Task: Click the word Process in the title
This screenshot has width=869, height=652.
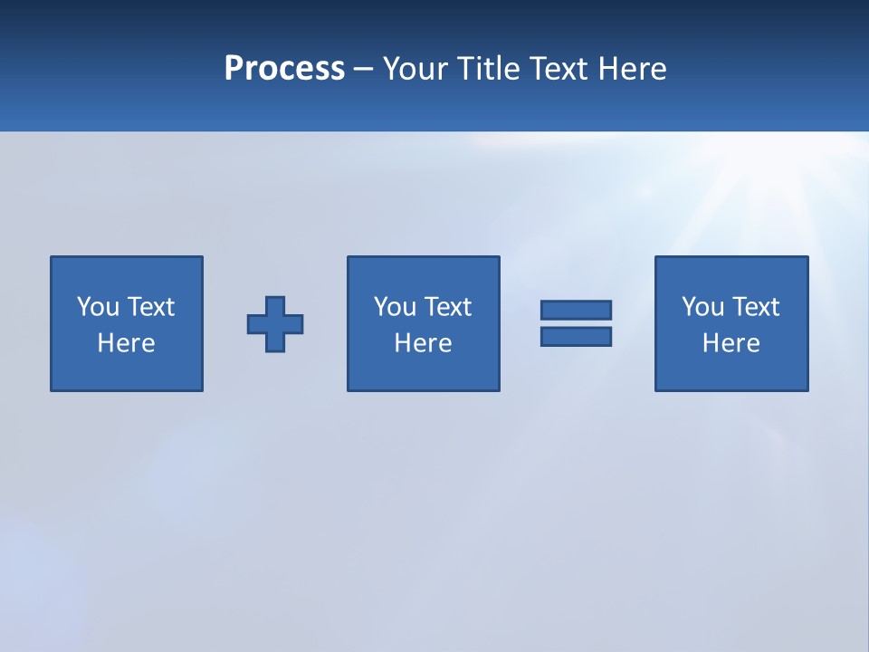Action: pyautogui.click(x=284, y=69)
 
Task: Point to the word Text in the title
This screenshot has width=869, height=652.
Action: pyautogui.click(x=559, y=69)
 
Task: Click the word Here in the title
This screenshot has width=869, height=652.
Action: pyautogui.click(x=632, y=69)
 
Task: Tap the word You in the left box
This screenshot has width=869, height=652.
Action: pyautogui.click(x=98, y=307)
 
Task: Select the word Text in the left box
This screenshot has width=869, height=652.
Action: pyautogui.click(x=150, y=307)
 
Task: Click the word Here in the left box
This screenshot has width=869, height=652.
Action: pyautogui.click(x=126, y=343)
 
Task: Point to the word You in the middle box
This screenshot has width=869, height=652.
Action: pyautogui.click(x=395, y=307)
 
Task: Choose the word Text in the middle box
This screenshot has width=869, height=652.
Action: pyautogui.click(x=447, y=307)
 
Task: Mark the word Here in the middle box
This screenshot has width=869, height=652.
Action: pyautogui.click(x=423, y=343)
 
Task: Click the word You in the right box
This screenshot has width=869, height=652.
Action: pyautogui.click(x=702, y=307)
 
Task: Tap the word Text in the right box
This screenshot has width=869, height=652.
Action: pyautogui.click(x=755, y=307)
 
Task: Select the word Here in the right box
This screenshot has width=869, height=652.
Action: pyautogui.click(x=731, y=343)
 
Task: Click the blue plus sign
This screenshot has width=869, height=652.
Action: pyautogui.click(x=275, y=324)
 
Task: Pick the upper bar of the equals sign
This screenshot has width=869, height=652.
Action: pyautogui.click(x=576, y=311)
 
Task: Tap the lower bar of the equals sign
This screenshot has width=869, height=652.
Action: pyautogui.click(x=576, y=336)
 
